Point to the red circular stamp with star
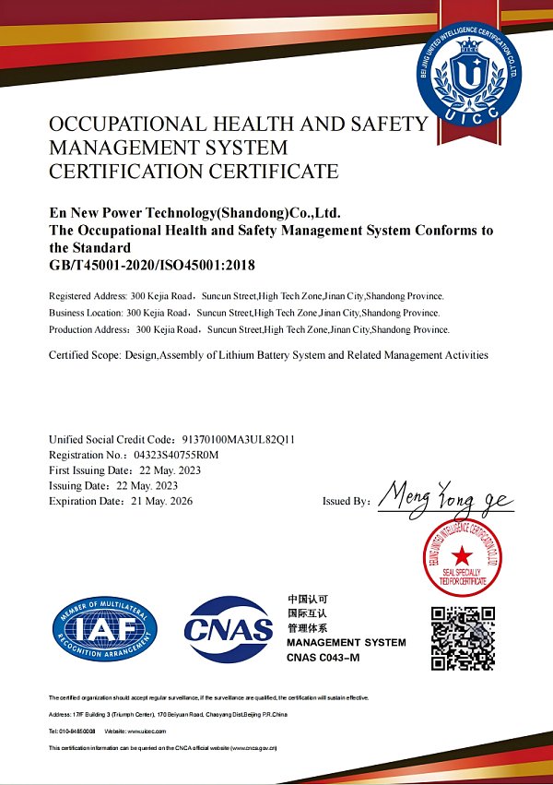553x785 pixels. coord(461,553)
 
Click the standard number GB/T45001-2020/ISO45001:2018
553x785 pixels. coord(151,266)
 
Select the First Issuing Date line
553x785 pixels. coord(124,470)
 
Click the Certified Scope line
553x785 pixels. coord(267,355)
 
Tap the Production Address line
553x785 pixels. coord(249,328)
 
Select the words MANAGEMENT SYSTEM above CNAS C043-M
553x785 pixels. coord(346,642)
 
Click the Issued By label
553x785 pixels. coord(346,501)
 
